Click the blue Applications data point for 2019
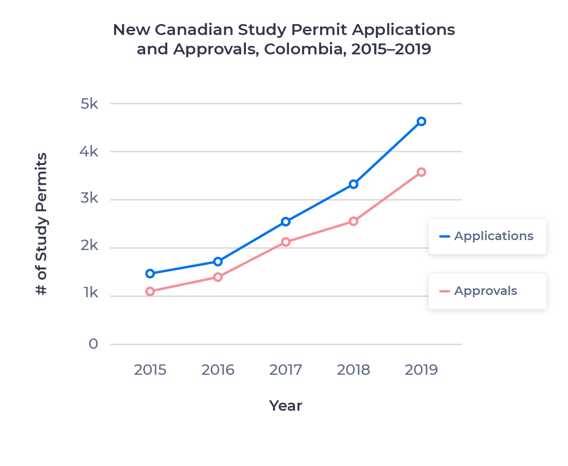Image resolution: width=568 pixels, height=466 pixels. click(x=421, y=121)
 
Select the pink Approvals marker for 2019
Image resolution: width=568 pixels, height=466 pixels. click(x=421, y=172)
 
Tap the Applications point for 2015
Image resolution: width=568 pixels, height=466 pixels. click(x=150, y=273)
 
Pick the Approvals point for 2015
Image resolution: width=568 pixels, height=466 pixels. click(x=150, y=291)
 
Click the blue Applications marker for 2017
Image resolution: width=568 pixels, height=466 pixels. click(x=286, y=222)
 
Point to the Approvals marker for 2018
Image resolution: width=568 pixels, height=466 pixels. click(x=353, y=221)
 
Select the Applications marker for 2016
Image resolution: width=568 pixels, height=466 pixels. click(x=218, y=261)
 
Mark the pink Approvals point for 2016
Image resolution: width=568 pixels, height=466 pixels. click(x=218, y=277)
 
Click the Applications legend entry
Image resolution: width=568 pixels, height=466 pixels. click(x=487, y=236)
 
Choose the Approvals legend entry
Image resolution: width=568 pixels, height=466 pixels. click(x=487, y=291)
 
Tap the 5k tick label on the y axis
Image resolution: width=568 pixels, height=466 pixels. click(x=89, y=104)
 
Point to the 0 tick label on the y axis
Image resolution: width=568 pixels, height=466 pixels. click(x=93, y=344)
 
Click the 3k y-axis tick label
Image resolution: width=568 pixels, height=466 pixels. click(x=89, y=199)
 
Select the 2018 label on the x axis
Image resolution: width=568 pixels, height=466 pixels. click(x=353, y=370)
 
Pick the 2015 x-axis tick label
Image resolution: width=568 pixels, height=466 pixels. click(x=150, y=370)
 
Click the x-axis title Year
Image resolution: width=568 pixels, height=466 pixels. click(x=285, y=406)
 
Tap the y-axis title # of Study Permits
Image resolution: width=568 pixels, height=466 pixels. click(x=42, y=224)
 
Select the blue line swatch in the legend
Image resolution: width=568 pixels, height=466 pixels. click(x=445, y=236)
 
